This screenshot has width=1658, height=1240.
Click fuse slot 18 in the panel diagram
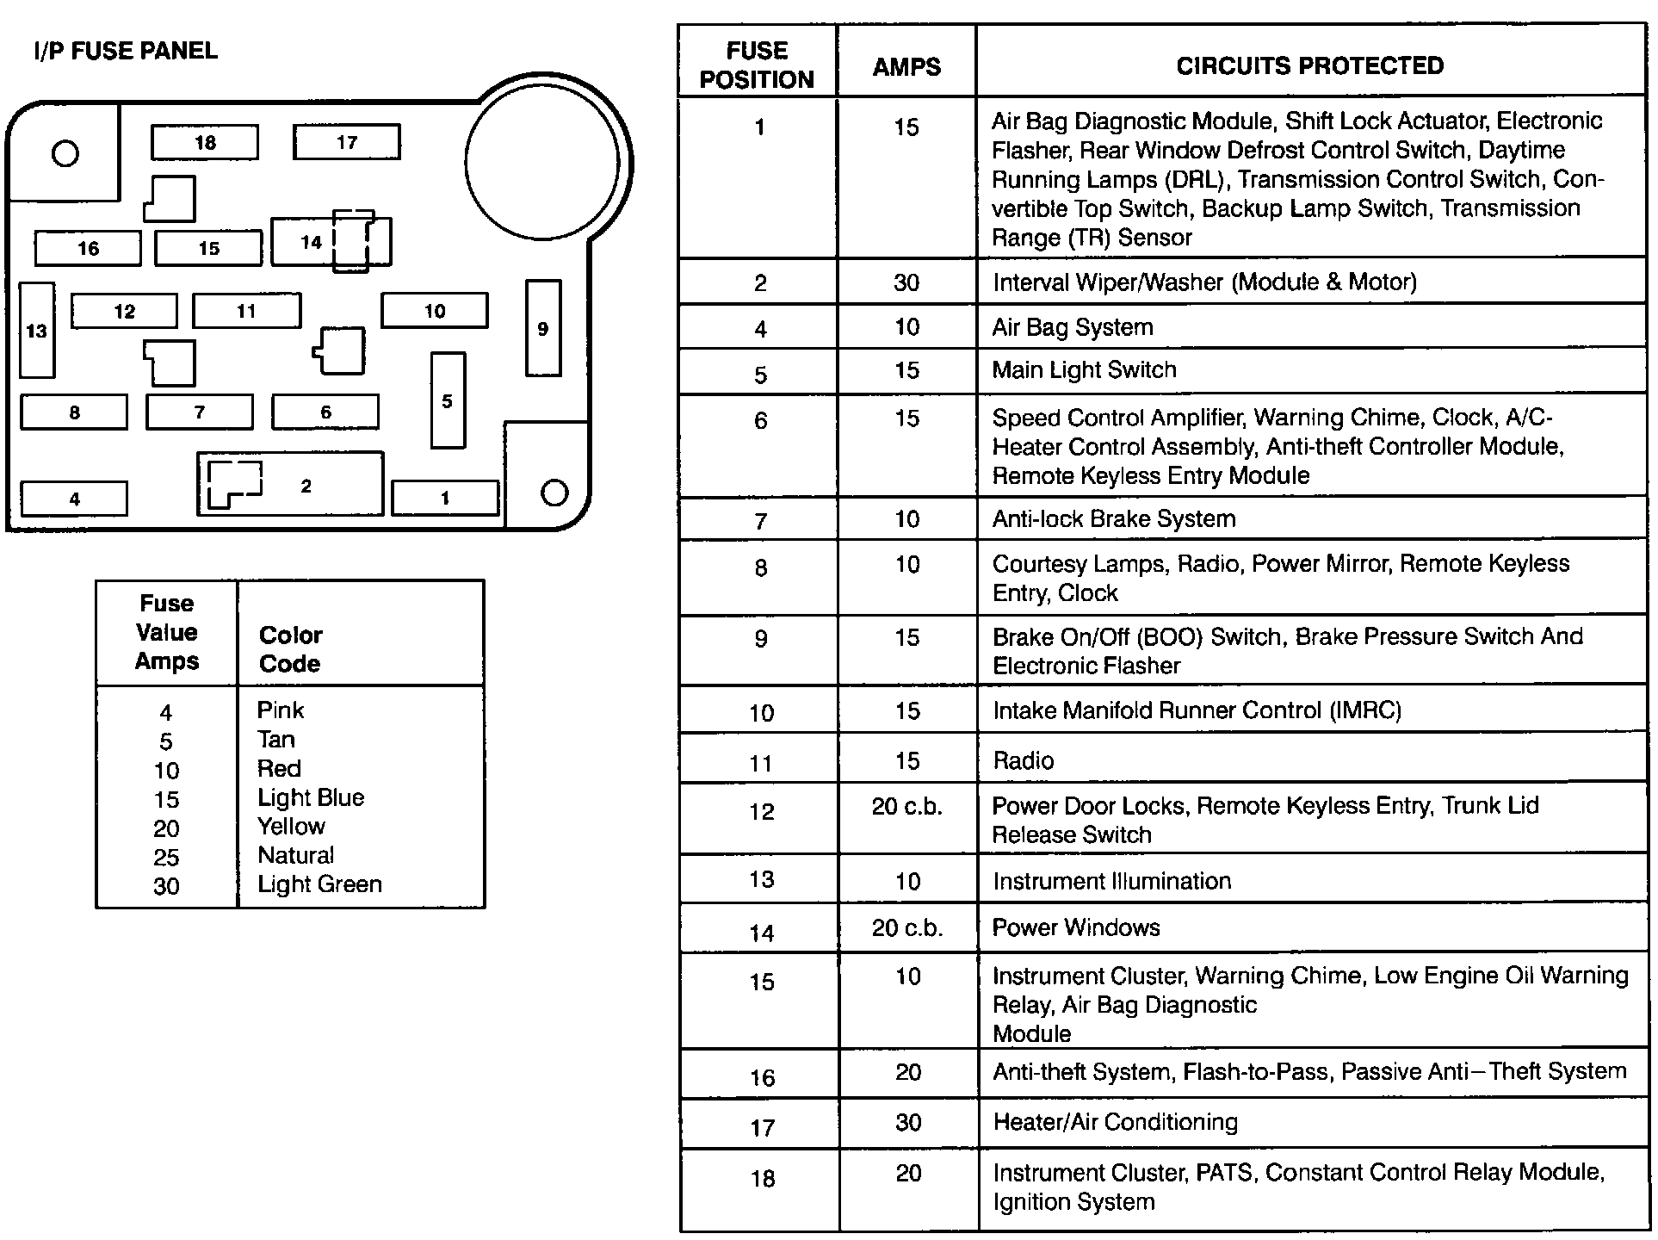tap(204, 143)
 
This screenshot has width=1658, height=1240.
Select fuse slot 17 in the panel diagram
tap(346, 142)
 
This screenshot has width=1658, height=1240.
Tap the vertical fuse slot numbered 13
tap(37, 331)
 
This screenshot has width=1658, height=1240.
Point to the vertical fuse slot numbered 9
tap(542, 328)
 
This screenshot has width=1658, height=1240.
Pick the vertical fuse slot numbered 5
tap(447, 400)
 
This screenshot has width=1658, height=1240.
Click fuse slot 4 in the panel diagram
tap(74, 499)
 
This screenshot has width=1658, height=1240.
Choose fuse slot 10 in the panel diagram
tap(434, 311)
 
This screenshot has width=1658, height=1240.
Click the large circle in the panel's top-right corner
tap(542, 161)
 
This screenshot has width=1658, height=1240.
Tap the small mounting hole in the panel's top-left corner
tap(65, 153)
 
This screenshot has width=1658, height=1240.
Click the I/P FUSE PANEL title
tap(126, 51)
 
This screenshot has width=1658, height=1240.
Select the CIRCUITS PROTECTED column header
tap(1309, 65)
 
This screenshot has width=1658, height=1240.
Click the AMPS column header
tap(906, 66)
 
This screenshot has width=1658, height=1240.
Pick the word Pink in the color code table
tap(281, 710)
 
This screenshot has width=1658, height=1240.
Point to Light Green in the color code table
tap(319, 884)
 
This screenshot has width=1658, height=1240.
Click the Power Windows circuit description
tap(1075, 927)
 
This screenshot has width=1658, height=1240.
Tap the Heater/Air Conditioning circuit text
tap(1115, 1122)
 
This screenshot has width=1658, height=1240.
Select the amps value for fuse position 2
tap(906, 282)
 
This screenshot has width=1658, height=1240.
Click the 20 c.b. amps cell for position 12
tap(906, 807)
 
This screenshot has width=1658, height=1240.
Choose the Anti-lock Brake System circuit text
tap(1113, 518)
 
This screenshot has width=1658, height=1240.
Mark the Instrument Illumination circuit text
tap(1111, 881)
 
